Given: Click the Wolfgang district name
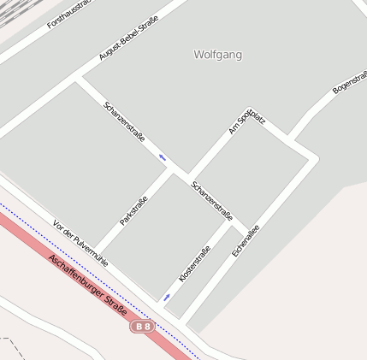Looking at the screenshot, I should tap(217, 55).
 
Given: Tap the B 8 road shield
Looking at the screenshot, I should tap(143, 326).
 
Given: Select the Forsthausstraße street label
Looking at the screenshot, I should tap(68, 15).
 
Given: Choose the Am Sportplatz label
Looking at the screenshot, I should tap(246, 120).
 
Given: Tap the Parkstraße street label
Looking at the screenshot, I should tap(133, 210).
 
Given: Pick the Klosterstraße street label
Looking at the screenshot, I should tap(194, 264).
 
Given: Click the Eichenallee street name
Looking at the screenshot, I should tap(246, 240).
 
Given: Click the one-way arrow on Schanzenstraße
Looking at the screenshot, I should tap(162, 156).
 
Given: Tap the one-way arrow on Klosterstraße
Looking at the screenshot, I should tap(166, 298).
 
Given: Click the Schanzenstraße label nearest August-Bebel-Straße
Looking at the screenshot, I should tap(124, 121).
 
